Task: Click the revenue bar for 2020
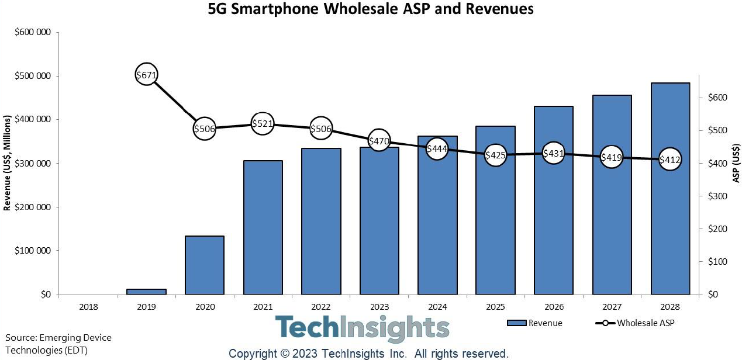pos(205,265)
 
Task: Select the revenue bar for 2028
pos(670,188)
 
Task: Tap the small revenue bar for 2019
pos(146,291)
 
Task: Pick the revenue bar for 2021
pos(263,227)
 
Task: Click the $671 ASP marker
pos(146,75)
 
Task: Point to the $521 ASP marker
pos(263,124)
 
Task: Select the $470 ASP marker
pos(379,140)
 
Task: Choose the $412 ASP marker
pos(669,159)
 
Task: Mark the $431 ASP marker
pos(553,154)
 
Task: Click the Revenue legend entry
pos(534,323)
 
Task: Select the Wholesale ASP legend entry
pos(635,323)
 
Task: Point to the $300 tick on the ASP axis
pos(717,196)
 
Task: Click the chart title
pos(371,9)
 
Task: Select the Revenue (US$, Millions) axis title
pos(8,163)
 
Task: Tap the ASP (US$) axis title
pos(736,163)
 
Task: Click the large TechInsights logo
pos(362,328)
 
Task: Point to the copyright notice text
pos(368,354)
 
